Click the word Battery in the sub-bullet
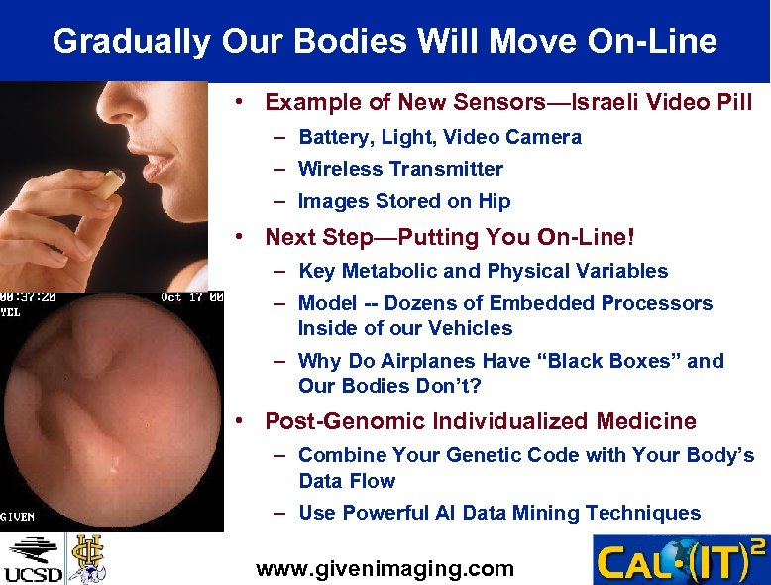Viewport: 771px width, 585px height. pyautogui.click(x=333, y=137)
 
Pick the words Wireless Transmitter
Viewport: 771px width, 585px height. pyautogui.click(x=400, y=169)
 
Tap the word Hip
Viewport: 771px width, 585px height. pyautogui.click(x=493, y=201)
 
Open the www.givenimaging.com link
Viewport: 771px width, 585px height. pyautogui.click(x=385, y=568)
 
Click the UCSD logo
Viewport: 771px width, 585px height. pyautogui.click(x=33, y=559)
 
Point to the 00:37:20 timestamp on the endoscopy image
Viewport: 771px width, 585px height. pyautogui.click(x=28, y=296)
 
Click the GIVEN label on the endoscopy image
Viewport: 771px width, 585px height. pyautogui.click(x=19, y=516)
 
